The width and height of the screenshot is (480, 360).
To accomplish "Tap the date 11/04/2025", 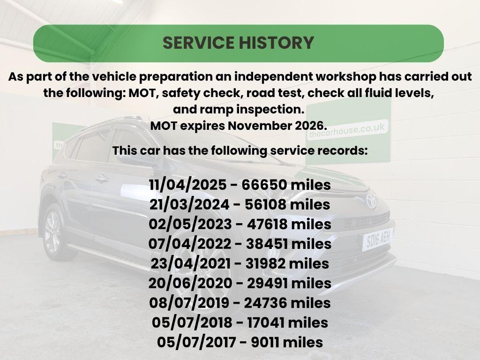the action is pyautogui.click(x=188, y=185).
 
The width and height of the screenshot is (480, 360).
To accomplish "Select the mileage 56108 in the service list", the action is pyautogui.click(x=266, y=204).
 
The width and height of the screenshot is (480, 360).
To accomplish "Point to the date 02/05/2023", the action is pyautogui.click(x=190, y=224).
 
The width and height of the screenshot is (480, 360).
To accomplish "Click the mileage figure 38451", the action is pyautogui.click(x=267, y=244).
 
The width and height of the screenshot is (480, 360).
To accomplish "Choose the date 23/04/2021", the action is pyautogui.click(x=190, y=263).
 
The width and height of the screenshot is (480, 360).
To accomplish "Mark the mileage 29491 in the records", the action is pyautogui.click(x=268, y=283).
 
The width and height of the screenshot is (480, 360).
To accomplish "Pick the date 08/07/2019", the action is pyautogui.click(x=189, y=303).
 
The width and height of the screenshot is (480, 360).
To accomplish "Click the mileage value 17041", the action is pyautogui.click(x=266, y=322).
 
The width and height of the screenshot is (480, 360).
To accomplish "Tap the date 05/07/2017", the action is pyautogui.click(x=196, y=342).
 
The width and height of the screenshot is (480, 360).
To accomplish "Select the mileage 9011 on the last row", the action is pyautogui.click(x=265, y=342).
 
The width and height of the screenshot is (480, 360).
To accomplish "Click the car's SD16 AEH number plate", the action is pyautogui.click(x=378, y=239).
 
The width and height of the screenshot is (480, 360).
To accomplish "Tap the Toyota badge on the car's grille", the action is pyautogui.click(x=371, y=201).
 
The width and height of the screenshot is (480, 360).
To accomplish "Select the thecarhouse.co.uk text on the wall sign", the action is pyautogui.click(x=347, y=130).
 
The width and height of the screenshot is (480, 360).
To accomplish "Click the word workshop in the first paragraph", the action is pyautogui.click(x=345, y=76).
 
